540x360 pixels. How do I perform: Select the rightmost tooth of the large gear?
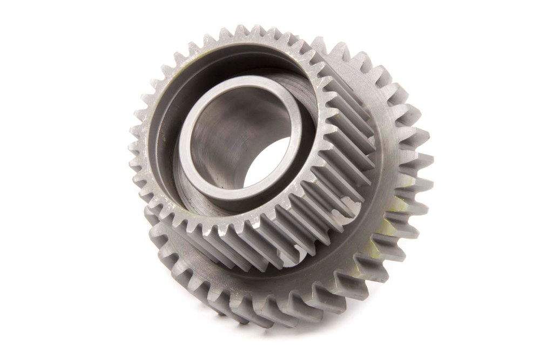coord(424,162)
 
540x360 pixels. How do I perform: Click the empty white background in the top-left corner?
coord(32,27)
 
